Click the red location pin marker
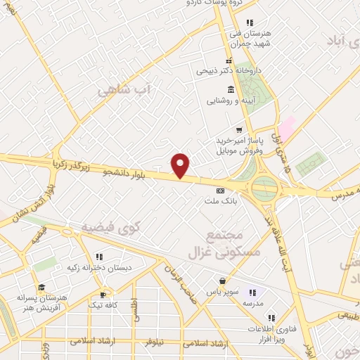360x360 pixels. pyautogui.click(x=181, y=166)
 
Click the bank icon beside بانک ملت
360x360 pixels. pyautogui.click(x=220, y=191)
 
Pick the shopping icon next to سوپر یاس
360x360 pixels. pyautogui.click(x=222, y=281)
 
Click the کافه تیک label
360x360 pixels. pyautogui.click(x=103, y=305)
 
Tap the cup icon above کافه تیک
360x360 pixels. pyautogui.click(x=103, y=295)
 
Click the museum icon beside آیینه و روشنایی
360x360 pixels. pyautogui.click(x=230, y=89)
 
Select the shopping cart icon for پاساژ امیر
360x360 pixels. pyautogui.click(x=239, y=129)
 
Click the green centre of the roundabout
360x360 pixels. pyautogui.click(x=264, y=187)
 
